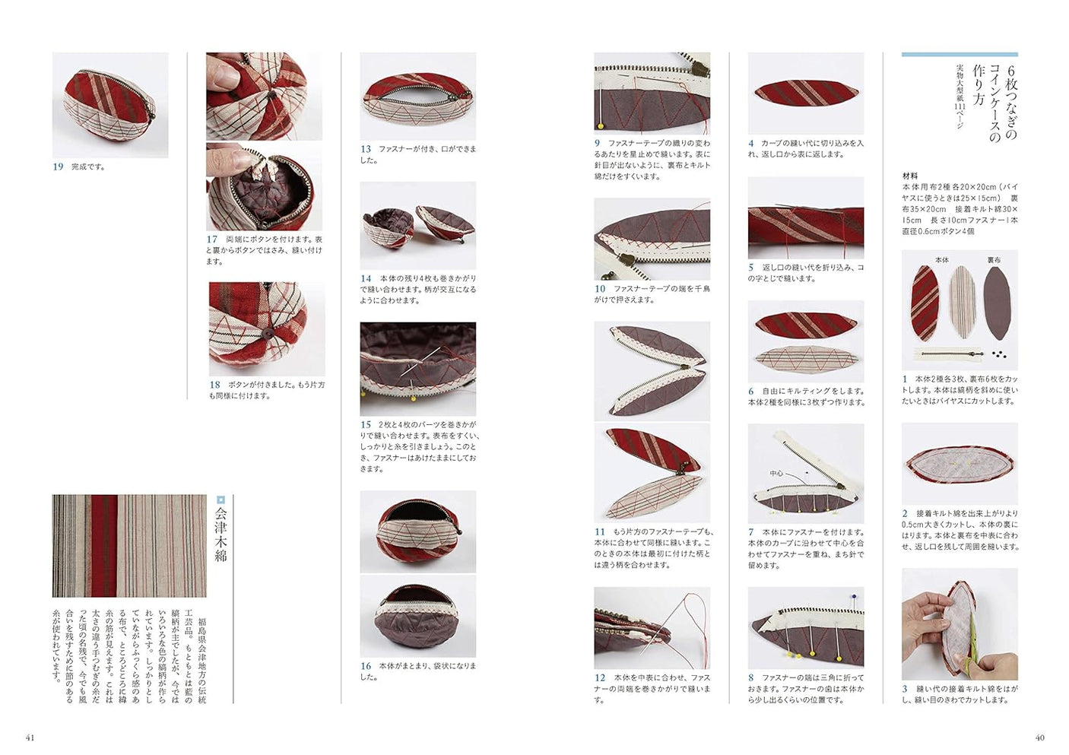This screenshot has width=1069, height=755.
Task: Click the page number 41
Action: (x=30, y=738)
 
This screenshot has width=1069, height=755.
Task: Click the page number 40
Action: (x=1040, y=738)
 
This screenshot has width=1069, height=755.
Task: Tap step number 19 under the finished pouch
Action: (x=58, y=167)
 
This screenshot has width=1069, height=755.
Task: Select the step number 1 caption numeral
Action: (x=905, y=379)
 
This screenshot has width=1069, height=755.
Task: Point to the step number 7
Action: (x=751, y=532)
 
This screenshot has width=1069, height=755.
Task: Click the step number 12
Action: (x=600, y=677)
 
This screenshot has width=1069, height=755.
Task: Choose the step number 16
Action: (x=366, y=666)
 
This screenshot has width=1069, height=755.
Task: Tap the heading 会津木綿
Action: (x=220, y=535)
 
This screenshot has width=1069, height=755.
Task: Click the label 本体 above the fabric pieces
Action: (x=941, y=260)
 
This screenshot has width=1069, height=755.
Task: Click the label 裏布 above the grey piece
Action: (x=993, y=260)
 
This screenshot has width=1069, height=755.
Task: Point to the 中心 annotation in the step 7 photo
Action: (x=776, y=474)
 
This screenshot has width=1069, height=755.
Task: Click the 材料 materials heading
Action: (x=910, y=176)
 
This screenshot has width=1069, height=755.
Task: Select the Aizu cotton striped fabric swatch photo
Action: (x=129, y=546)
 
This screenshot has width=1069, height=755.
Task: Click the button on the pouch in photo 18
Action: (x=268, y=334)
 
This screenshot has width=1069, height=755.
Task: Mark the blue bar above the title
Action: (x=960, y=55)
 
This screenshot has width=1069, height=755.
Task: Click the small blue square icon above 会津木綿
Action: (x=221, y=500)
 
